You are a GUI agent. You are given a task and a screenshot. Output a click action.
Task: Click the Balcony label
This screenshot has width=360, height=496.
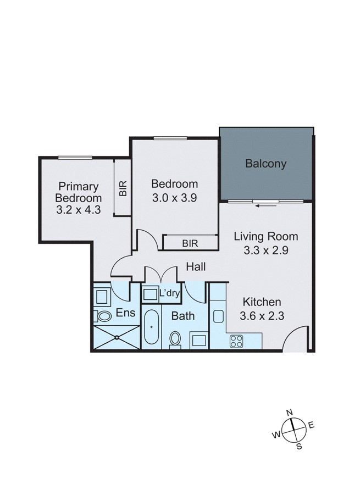click(266, 164)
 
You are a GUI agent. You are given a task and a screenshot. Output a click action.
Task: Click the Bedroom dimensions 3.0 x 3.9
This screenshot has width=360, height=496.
click(174, 198)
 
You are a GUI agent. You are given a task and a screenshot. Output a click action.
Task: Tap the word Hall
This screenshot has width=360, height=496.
click(196, 267)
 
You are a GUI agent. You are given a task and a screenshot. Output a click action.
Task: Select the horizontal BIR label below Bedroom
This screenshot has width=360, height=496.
click(190, 242)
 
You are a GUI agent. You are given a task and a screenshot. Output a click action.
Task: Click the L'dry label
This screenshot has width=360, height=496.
click(169, 293)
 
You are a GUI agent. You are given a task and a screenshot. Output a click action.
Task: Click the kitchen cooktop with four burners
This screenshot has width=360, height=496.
click(237, 341)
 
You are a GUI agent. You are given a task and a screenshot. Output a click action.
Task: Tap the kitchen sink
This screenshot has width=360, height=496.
click(218, 317)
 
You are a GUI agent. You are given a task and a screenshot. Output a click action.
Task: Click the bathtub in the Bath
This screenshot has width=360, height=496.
click(151, 328)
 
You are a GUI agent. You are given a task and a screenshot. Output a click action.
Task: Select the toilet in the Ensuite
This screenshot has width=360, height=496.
click(102, 317)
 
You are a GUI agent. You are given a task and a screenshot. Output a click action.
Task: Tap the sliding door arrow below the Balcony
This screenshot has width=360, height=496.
click(266, 205)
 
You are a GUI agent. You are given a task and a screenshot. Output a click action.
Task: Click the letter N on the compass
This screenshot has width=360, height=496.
click(290, 413)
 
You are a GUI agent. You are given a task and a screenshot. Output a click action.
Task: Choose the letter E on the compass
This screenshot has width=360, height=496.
click(311, 424)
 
